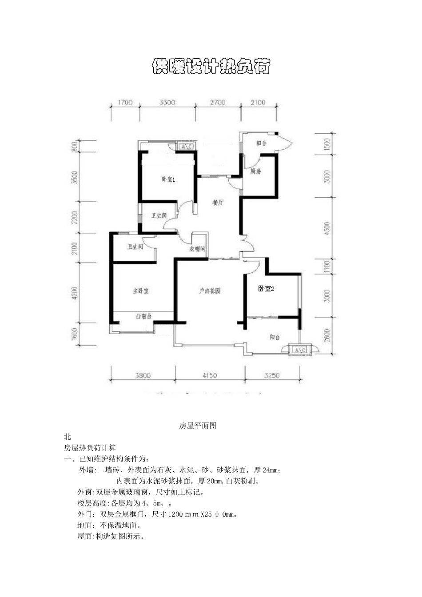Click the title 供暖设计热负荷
tap(211, 67)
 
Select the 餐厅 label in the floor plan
tap(217, 203)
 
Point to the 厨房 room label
tap(255, 171)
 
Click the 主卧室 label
tap(140, 291)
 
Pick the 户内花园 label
tap(210, 291)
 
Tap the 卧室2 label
tap(267, 289)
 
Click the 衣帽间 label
tap(197, 249)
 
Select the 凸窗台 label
tap(143, 316)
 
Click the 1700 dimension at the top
tap(125, 103)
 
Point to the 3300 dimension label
tap(167, 103)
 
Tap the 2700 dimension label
tap(218, 103)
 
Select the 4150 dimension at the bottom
tap(210, 375)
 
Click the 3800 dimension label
tap(143, 375)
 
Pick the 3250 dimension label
tap(272, 375)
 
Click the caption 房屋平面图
tap(198, 426)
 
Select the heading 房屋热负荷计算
tap(90, 448)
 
